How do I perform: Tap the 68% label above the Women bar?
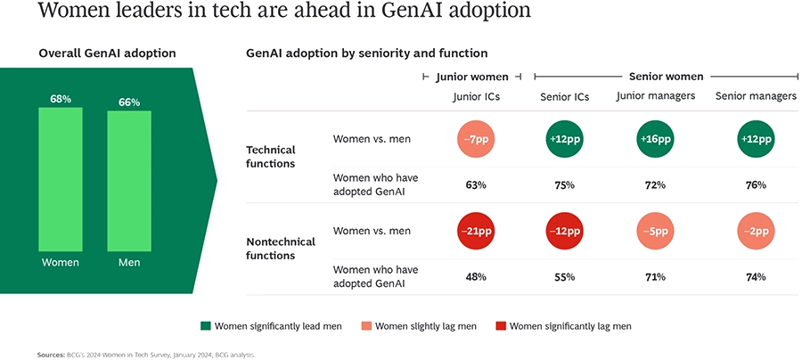(61, 99)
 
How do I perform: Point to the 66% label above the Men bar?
(129, 102)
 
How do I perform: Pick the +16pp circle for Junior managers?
(655, 139)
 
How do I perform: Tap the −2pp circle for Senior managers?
(756, 231)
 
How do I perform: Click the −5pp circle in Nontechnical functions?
(655, 231)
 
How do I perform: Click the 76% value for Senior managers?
(756, 184)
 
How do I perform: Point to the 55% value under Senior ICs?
(564, 277)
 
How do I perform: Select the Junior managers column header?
(655, 96)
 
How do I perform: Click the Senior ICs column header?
(564, 96)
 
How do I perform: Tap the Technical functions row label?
(270, 157)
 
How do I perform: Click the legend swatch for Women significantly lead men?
(206, 326)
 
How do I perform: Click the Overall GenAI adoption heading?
(107, 53)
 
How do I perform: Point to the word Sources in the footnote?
(51, 355)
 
